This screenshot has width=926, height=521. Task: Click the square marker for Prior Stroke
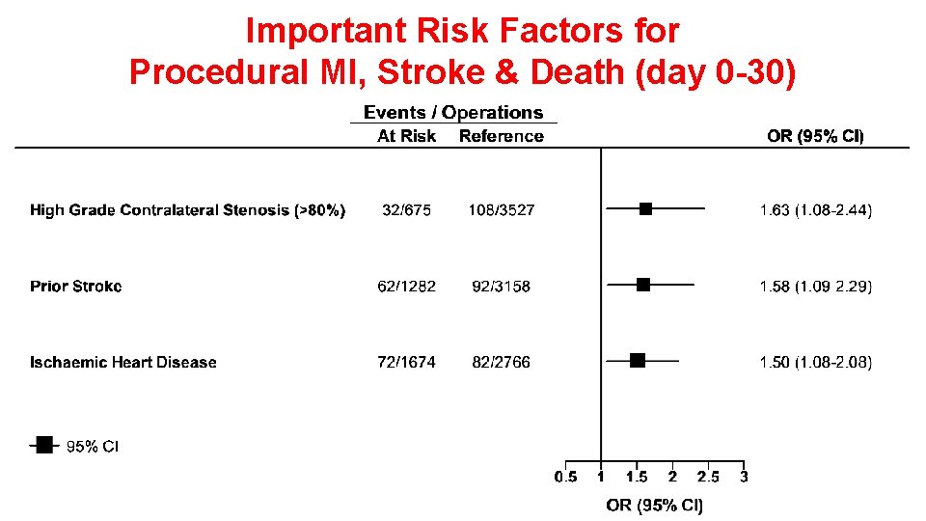pos(643,285)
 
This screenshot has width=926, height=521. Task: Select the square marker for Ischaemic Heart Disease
pos(637,361)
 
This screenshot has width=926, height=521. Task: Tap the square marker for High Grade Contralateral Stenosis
pos(646,208)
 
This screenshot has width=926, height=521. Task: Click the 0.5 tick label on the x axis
pos(566,478)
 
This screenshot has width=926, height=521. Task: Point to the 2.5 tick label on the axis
pos(708,478)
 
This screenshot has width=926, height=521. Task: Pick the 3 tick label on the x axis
pos(744,478)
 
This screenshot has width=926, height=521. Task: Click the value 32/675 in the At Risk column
pos(406,209)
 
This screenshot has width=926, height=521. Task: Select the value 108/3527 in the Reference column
pos(502,209)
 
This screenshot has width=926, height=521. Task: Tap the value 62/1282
pos(406,286)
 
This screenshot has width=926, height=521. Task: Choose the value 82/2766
pos(502,362)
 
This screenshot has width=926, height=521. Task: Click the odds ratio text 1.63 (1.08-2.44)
pos(816,209)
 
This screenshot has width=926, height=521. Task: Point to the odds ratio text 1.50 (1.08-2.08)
pos(816,362)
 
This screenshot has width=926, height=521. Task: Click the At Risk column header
pos(406,136)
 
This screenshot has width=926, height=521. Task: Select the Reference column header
pos(502,136)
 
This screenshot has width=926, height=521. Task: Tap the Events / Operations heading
pos(453,113)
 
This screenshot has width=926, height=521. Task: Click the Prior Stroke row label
pos(75,286)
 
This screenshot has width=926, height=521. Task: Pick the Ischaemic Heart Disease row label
pos(123,362)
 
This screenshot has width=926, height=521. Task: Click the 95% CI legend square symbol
pos(44,445)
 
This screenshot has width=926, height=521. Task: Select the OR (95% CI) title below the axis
pos(655,505)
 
